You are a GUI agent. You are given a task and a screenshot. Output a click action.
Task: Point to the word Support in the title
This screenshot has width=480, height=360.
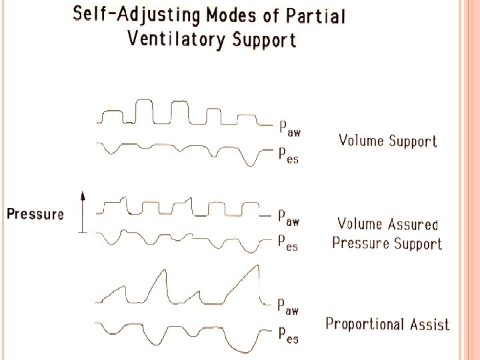tap(264, 40)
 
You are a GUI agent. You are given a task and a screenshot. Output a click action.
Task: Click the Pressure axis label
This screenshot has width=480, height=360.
tap(35, 215)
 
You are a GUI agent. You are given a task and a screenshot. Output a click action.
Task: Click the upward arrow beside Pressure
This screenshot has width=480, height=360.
tap(83, 212)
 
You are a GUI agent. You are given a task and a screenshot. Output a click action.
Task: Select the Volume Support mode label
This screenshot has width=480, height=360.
tap(387, 141)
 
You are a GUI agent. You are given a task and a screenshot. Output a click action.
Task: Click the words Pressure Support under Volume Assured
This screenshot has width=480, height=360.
tap(387, 243)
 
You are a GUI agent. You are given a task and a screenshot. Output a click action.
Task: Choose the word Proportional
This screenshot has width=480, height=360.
tap(365, 325)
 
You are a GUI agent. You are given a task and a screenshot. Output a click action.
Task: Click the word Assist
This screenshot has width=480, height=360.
tap(429, 325)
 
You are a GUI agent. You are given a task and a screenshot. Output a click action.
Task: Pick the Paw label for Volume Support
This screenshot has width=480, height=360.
tap(289, 128)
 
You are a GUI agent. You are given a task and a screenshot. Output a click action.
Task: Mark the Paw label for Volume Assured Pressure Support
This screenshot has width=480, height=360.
tap(289, 217)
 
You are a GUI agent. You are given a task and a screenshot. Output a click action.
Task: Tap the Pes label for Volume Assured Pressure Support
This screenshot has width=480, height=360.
tap(288, 243)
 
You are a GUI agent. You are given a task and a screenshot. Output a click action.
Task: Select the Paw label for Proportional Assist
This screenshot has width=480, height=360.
tap(289, 307)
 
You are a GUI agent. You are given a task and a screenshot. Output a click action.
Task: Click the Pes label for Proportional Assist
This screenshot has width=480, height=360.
tap(288, 335)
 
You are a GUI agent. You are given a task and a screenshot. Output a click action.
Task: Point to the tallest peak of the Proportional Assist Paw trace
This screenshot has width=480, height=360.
tap(257, 265)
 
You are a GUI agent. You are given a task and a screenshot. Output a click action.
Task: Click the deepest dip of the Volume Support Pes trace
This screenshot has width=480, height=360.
tap(252, 165)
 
